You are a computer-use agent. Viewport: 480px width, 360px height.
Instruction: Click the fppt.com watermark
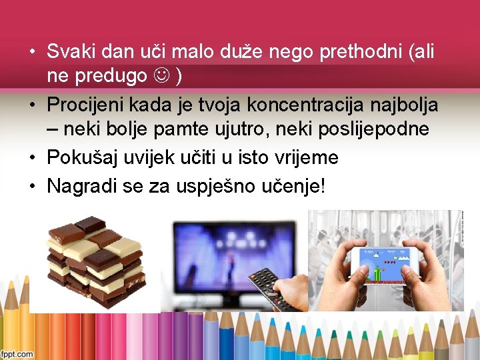pos(17,354)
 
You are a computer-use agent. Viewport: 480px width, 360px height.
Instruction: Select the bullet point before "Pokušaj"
pos(32,158)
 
